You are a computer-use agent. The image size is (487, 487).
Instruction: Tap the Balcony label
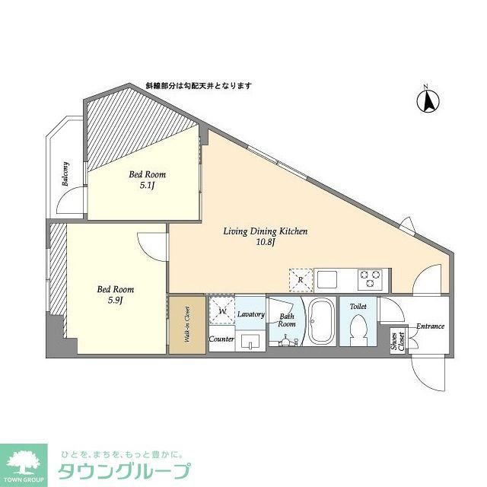[66, 174]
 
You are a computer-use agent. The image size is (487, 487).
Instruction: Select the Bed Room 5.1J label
[147, 179]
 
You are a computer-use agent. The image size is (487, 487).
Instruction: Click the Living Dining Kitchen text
[265, 236]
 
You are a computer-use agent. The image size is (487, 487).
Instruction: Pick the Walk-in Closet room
[186, 325]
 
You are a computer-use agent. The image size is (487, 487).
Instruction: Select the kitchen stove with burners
[370, 279]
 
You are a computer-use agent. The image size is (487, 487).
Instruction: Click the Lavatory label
[250, 314]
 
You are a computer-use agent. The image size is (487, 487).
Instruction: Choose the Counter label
[221, 339]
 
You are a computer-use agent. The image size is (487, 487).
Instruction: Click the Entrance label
[430, 326]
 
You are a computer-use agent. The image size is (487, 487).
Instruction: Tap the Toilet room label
[358, 306]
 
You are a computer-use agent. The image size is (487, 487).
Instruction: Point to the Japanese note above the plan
[199, 86]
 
